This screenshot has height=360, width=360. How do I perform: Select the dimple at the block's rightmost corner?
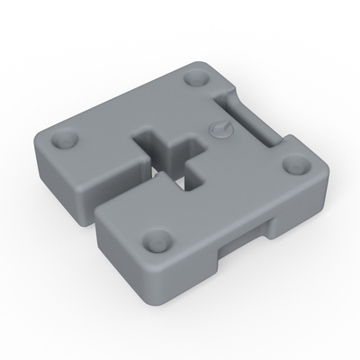[x=293, y=165]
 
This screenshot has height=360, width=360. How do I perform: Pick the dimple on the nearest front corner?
[x=158, y=240]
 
